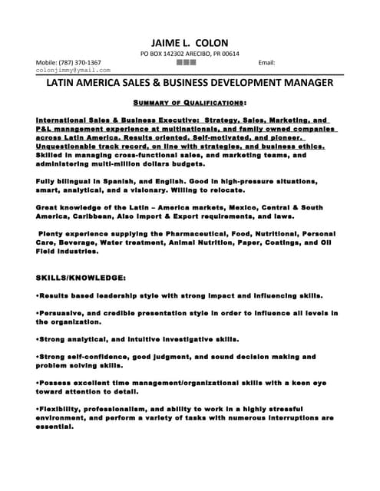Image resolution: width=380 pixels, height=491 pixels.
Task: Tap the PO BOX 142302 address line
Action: pos(190,54)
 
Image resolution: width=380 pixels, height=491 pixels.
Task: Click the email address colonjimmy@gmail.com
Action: pos(74,71)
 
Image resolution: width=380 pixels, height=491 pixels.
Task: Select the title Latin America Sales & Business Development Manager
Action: pos(190,82)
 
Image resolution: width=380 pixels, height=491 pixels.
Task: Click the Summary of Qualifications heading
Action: pos(190,102)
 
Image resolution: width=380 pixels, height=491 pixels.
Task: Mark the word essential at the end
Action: pos(55,427)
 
